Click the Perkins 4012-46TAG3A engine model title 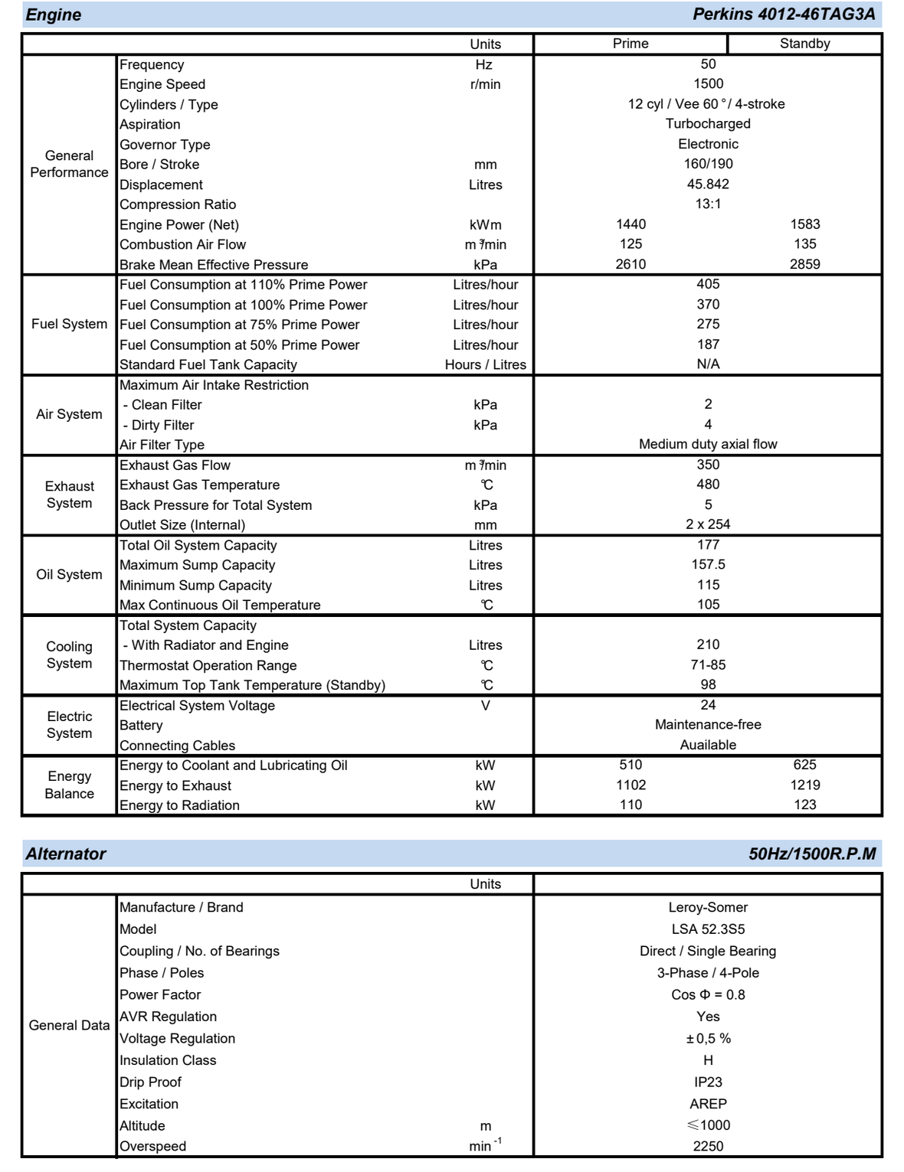pos(783,15)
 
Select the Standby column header pos(804,44)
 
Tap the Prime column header pos(631,44)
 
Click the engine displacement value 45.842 pos(708,184)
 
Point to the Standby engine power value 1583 pos(804,224)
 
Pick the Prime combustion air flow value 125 pos(631,244)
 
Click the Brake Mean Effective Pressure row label pos(214,265)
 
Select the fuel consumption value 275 pos(708,325)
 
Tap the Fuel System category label pos(69,324)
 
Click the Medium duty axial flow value pos(708,444)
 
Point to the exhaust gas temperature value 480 pos(708,485)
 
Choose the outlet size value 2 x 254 pos(708,524)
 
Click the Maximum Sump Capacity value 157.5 pos(708,565)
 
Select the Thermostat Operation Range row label pos(208,666)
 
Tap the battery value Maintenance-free pos(708,725)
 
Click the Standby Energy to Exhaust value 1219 pos(804,785)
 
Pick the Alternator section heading pos(66,854)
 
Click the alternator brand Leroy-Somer pos(708,908)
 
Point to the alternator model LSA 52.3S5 pos(708,929)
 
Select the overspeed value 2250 pos(708,1147)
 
